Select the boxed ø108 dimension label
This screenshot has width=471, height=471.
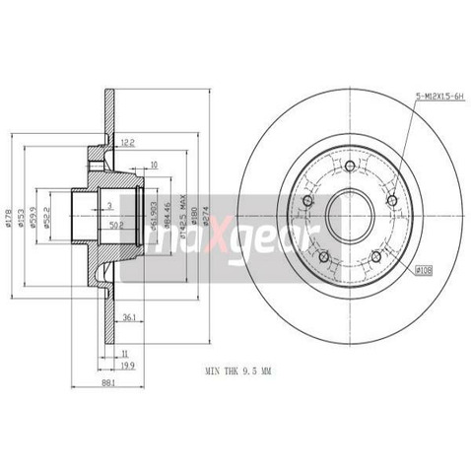(424, 269)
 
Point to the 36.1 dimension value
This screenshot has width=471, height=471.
(128, 316)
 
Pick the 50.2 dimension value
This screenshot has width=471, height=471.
(117, 226)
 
